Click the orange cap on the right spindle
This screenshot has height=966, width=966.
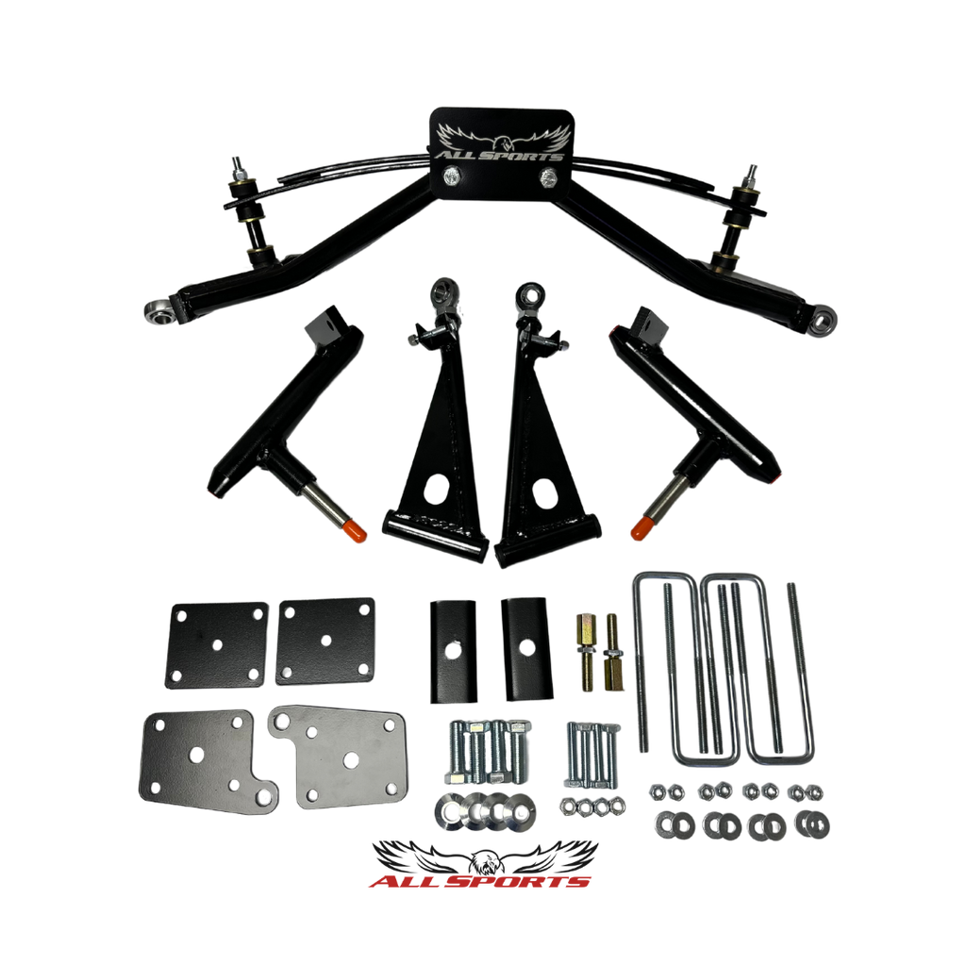click(643, 528)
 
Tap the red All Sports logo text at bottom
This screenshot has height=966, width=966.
click(480, 881)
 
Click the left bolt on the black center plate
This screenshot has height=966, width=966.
click(452, 177)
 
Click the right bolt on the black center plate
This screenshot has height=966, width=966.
click(548, 178)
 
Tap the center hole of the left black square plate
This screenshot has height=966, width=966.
click(217, 645)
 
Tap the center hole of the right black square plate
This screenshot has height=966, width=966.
click(325, 641)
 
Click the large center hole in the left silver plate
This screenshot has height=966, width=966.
click(196, 756)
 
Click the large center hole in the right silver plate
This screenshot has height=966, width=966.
click(351, 761)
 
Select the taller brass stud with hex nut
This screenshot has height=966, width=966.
click(585, 653)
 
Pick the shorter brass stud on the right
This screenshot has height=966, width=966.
click(611, 653)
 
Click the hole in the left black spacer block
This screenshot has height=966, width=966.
click(454, 649)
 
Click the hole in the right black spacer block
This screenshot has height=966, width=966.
click(526, 647)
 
